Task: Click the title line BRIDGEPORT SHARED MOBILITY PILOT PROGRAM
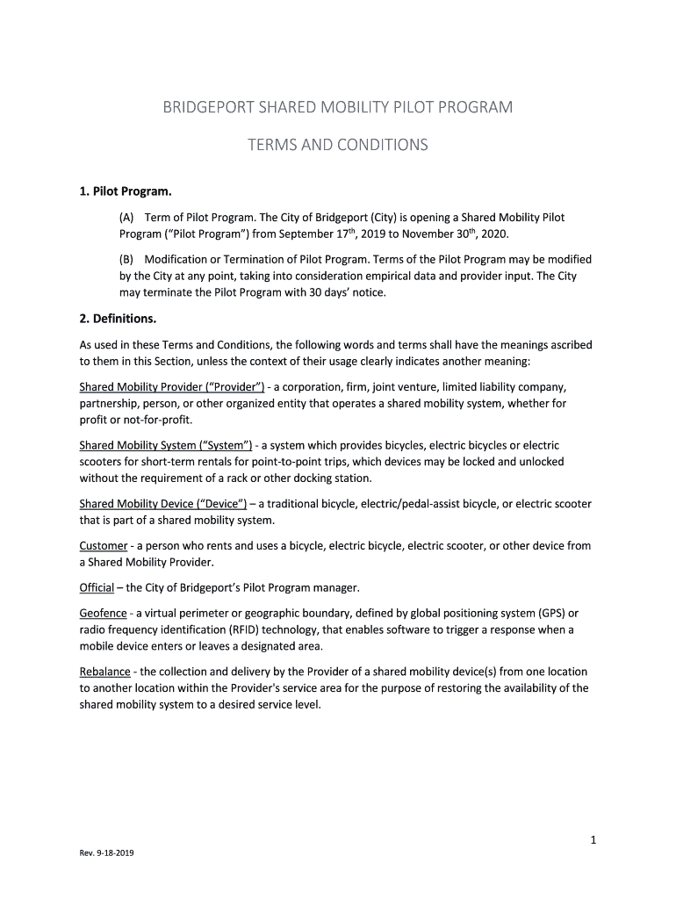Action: point(338,108)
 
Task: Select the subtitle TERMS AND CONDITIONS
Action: point(338,145)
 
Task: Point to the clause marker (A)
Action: point(128,218)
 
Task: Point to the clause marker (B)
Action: point(128,260)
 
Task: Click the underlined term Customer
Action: point(103,546)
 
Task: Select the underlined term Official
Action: point(97,587)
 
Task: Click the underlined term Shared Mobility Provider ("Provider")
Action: point(172,387)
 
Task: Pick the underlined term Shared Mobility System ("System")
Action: point(166,445)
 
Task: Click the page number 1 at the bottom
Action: point(593,840)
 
